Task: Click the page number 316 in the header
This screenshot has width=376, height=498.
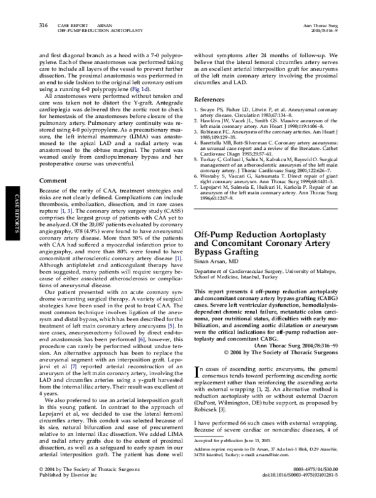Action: point(44,25)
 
